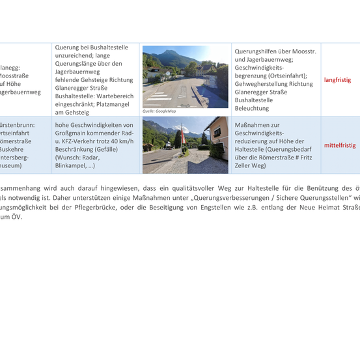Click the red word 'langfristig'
337,80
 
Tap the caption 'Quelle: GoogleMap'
159,111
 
